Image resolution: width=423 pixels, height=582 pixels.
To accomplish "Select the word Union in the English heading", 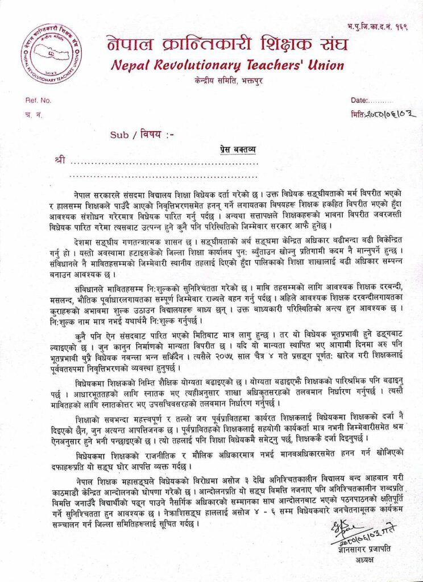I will point(324,65).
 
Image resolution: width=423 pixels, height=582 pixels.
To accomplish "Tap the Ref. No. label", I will point(38,100).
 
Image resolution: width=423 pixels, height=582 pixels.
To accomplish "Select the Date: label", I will point(361,100).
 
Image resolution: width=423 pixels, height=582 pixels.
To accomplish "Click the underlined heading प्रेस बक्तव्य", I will point(238,150).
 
